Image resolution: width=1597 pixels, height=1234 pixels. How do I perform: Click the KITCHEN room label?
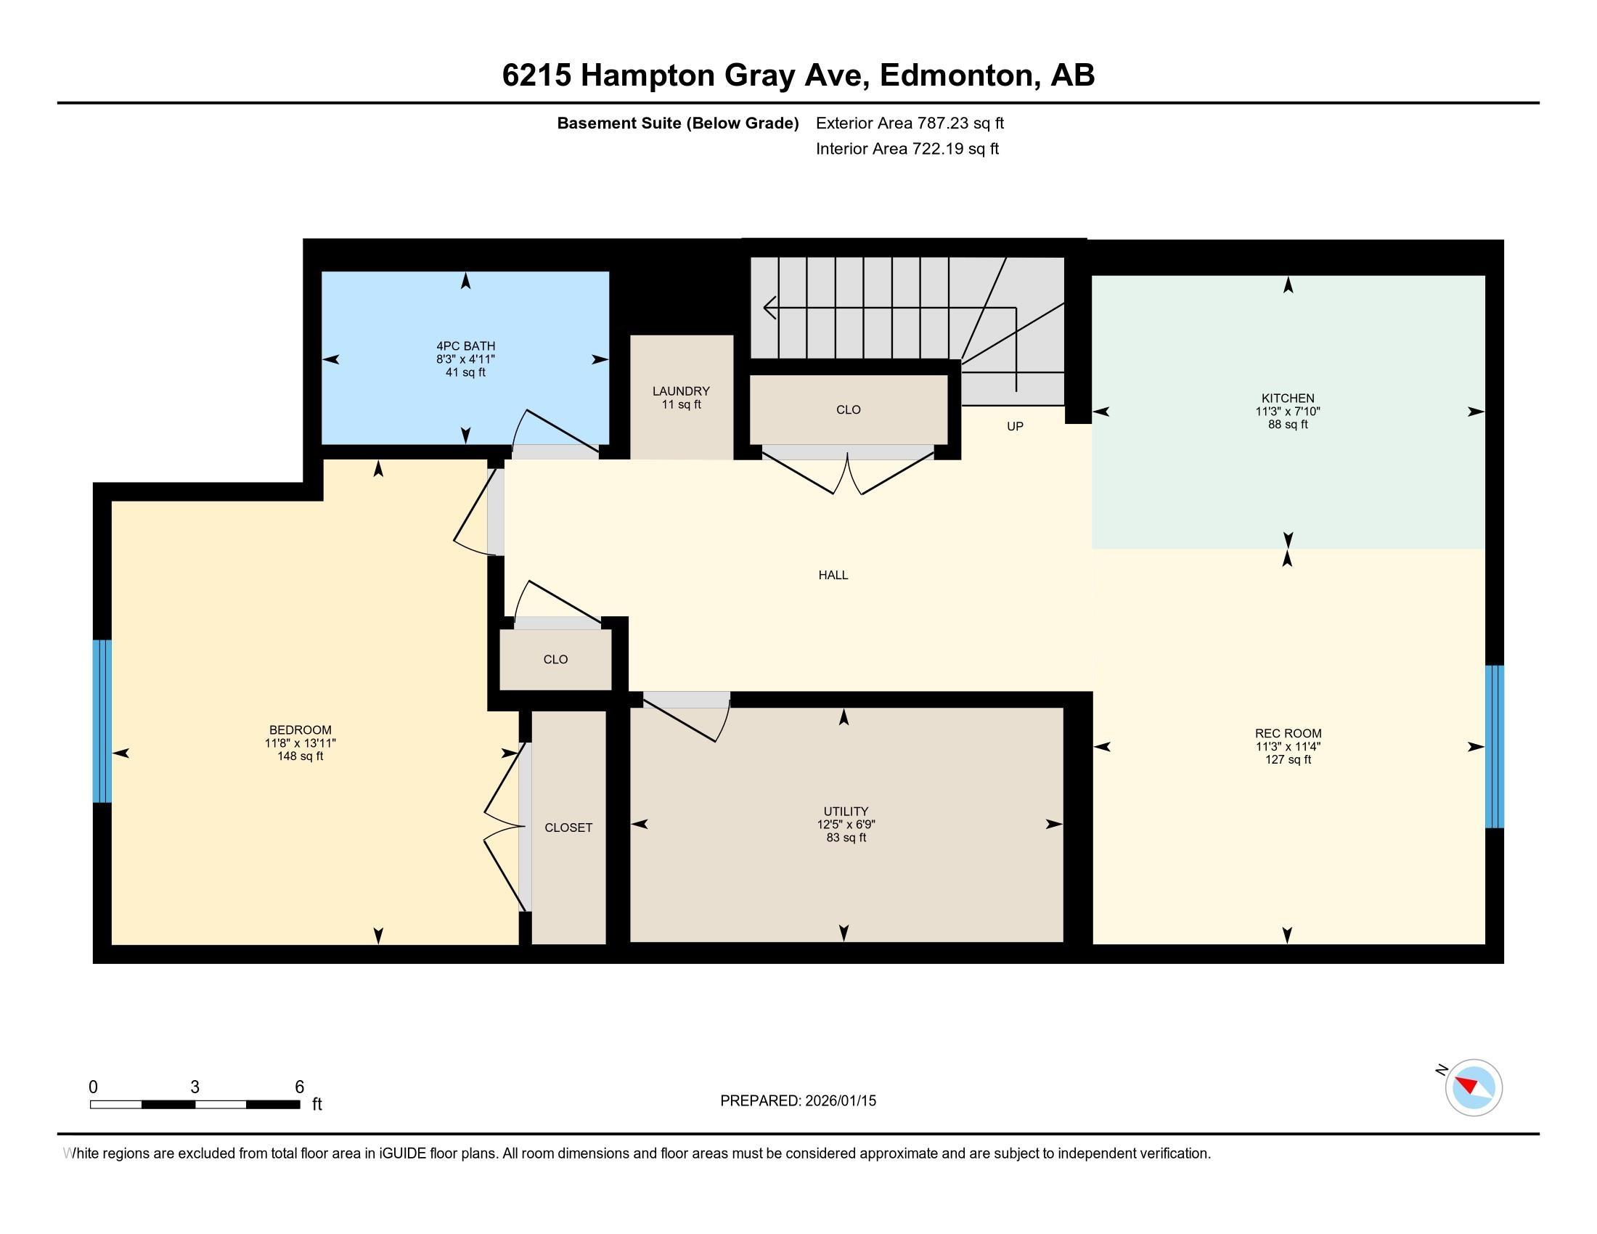(x=1287, y=399)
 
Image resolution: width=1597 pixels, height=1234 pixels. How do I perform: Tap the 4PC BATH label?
(x=465, y=346)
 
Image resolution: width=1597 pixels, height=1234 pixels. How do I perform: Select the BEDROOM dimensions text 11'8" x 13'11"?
(x=300, y=743)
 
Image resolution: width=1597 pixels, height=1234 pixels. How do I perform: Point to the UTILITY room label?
(x=845, y=811)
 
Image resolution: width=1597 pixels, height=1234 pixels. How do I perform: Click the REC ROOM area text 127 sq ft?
(x=1287, y=759)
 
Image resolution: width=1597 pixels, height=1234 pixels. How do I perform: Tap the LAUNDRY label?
(x=681, y=391)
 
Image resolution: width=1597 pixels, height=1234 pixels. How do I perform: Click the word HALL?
(x=833, y=576)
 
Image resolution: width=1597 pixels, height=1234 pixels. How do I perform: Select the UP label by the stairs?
(x=1014, y=426)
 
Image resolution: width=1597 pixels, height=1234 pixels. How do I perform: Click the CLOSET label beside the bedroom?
(x=568, y=828)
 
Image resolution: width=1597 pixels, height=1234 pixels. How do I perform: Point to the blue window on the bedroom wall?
(x=102, y=721)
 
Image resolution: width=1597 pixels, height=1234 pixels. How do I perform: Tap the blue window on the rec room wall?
(x=1494, y=746)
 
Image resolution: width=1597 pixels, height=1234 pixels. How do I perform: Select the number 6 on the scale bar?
(x=299, y=1087)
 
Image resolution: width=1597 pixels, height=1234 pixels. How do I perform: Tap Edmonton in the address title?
(x=957, y=75)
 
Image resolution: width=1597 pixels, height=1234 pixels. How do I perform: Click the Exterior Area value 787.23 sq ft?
(x=960, y=123)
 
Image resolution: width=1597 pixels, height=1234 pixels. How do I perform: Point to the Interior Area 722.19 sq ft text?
(x=907, y=149)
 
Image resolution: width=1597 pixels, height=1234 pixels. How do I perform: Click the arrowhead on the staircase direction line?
(x=768, y=308)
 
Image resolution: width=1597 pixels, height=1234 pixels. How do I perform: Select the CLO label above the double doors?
(x=848, y=410)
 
